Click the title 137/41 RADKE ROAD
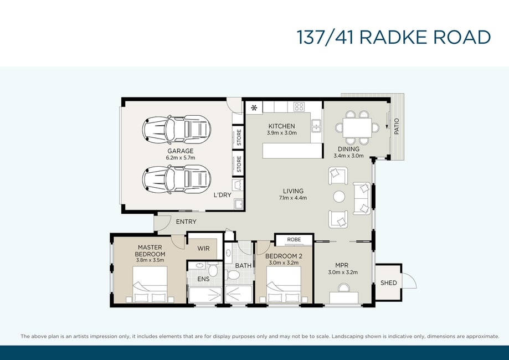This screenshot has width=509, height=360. coord(393,37)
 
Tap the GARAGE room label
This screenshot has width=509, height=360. coord(181,151)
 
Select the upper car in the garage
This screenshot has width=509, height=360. coord(177,130)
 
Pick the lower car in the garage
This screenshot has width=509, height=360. coord(177,179)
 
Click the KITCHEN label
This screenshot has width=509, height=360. coord(282,126)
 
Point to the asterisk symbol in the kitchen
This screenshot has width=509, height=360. coord(254,107)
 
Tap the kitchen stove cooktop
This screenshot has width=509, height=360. coord(299,106)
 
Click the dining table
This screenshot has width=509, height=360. coord(357,127)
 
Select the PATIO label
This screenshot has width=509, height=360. coord(397,126)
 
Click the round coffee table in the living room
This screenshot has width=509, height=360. coord(339,197)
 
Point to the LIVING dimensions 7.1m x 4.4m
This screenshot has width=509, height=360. coord(293,198)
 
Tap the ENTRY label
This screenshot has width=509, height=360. coord(186,222)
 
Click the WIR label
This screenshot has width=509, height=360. coord(203,249)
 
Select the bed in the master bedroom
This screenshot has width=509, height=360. coord(150,284)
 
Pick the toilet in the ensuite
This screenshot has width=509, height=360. coord(213,270)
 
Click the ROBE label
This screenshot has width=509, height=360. coord(294,240)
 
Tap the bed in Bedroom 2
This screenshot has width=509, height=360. coord(284,284)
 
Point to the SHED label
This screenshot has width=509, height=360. coord(389,283)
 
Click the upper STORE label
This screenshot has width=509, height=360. coord(239,137)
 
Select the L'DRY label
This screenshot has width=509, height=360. coord(222,195)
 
